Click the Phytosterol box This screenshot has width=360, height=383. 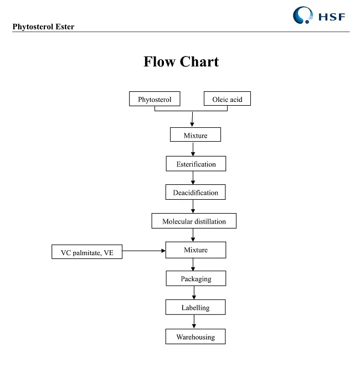click(155, 100)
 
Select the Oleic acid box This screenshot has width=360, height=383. click(227, 100)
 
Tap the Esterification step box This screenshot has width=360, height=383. click(196, 164)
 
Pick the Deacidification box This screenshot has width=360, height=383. click(196, 193)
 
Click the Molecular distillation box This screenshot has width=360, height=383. click(194, 221)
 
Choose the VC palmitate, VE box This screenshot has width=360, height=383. click(86, 252)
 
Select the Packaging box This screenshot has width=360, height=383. click(196, 278)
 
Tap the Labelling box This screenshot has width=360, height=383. click(196, 307)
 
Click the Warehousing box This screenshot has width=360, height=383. click(196, 337)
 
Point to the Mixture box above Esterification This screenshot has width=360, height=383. click(196, 135)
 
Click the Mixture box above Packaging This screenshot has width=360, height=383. click(196, 250)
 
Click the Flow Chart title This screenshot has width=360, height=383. click(181, 61)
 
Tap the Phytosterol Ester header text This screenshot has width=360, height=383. click(43, 27)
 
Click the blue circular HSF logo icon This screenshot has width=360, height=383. click(302, 15)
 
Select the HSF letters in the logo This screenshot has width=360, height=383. click(332, 16)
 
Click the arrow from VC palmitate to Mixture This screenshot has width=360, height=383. click(144, 251)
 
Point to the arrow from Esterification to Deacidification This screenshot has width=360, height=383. click(193, 177)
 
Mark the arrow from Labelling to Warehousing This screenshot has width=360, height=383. click(193, 322)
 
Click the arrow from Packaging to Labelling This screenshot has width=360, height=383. click(193, 292)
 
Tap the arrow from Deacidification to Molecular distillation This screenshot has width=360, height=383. click(193, 206)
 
